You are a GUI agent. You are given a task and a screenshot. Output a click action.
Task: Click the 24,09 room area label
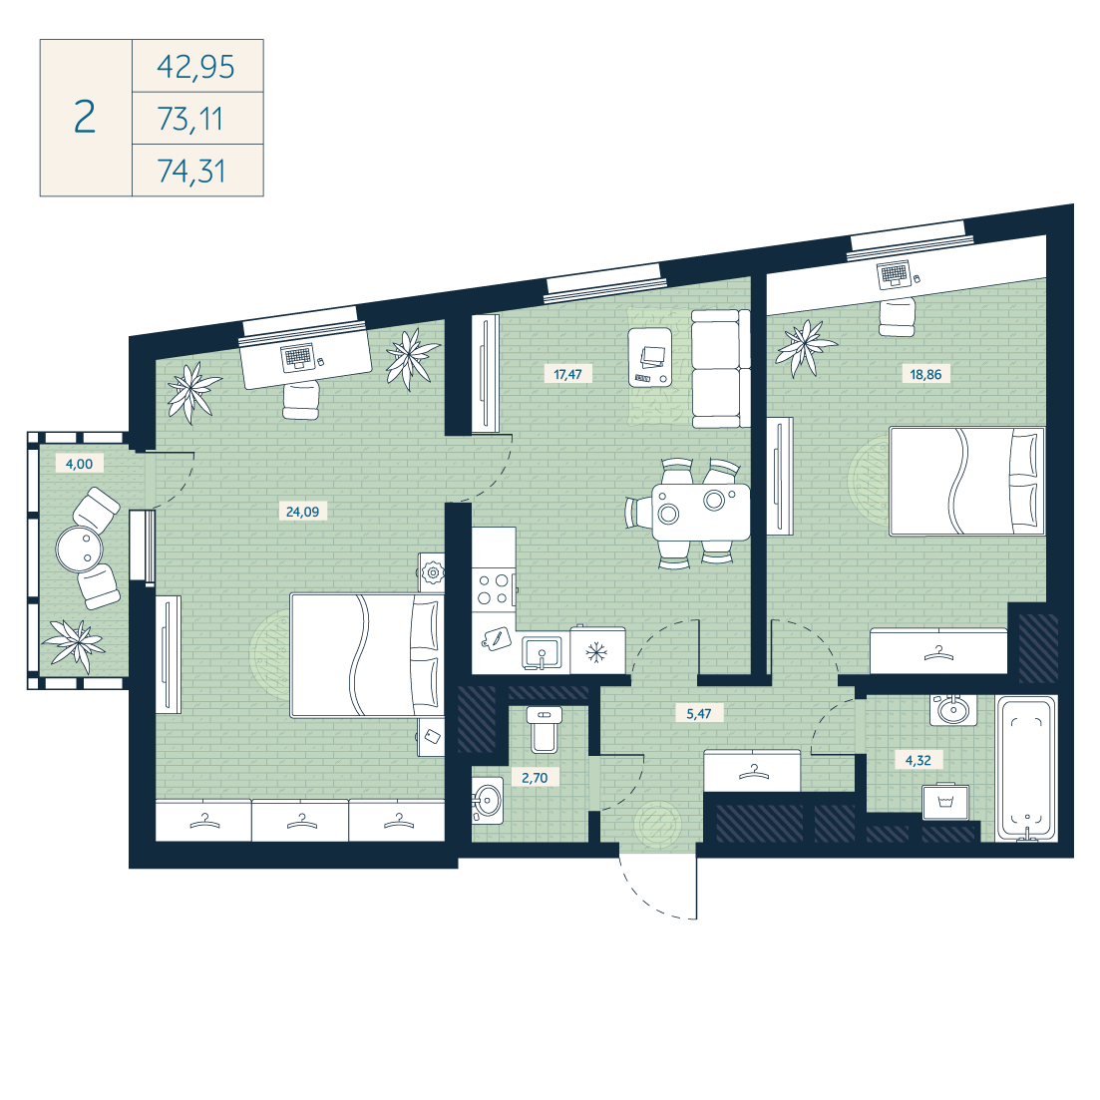302,512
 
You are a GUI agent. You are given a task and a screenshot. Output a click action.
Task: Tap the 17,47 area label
567,374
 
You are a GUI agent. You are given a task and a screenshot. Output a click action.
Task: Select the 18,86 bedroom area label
925,374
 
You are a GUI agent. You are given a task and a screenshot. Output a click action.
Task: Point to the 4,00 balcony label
79,463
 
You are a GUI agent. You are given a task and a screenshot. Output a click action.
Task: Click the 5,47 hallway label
699,713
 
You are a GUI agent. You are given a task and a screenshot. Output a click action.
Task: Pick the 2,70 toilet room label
535,777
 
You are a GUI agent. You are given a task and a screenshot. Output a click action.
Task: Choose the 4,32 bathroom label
918,760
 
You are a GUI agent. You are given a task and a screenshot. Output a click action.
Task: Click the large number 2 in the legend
85,117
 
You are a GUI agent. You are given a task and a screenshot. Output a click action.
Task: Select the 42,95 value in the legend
195,67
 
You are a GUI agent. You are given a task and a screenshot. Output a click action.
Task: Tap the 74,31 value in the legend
191,171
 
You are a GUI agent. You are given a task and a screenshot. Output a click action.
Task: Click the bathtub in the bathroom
1027,768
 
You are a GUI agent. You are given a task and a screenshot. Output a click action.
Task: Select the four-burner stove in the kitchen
494,589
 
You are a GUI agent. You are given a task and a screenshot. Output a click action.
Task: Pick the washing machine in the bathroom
945,801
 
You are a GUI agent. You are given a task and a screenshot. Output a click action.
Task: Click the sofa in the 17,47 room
720,368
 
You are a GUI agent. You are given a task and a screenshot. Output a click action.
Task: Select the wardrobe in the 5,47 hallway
753,770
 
